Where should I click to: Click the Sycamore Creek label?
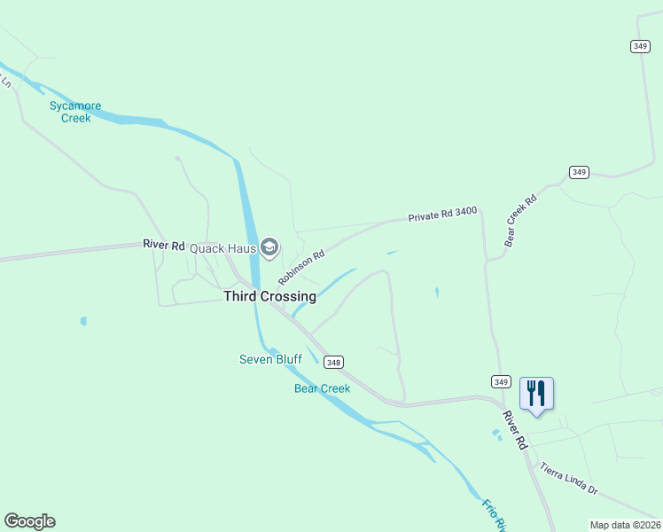pyautogui.click(x=74, y=112)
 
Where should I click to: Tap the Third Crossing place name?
pyautogui.click(x=269, y=297)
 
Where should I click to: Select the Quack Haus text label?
pyautogui.click(x=222, y=248)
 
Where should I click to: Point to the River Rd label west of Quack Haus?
pyautogui.click(x=164, y=245)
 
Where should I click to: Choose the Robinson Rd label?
pyautogui.click(x=301, y=267)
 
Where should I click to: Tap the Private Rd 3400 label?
pyautogui.click(x=442, y=215)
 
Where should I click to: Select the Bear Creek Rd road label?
pyautogui.click(x=521, y=221)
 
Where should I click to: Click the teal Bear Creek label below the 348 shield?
pyautogui.click(x=322, y=388)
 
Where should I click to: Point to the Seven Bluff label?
pyautogui.click(x=270, y=359)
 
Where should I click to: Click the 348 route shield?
pyautogui.click(x=333, y=362)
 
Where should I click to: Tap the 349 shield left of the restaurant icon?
pyautogui.click(x=500, y=381)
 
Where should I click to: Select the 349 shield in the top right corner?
pyautogui.click(x=641, y=46)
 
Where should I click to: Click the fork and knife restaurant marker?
pyautogui.click(x=536, y=393)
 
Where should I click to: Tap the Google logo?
pyautogui.click(x=29, y=521)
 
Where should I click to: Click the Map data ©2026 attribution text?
pyautogui.click(x=626, y=525)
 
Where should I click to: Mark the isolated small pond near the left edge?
pyautogui.click(x=82, y=321)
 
